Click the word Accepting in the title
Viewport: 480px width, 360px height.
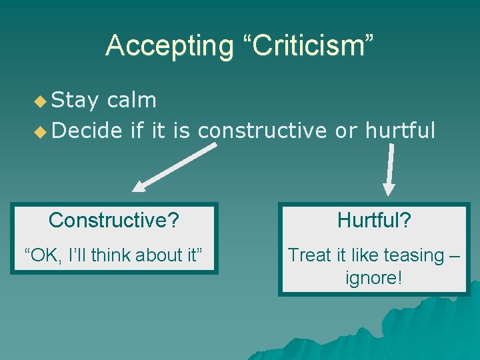click(x=169, y=45)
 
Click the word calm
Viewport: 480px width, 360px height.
click(x=131, y=101)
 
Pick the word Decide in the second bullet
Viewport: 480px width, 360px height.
click(x=87, y=131)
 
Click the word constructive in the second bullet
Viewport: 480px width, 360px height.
click(x=263, y=131)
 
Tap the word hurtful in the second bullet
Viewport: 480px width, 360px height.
click(x=400, y=131)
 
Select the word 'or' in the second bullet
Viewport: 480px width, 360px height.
click(x=346, y=131)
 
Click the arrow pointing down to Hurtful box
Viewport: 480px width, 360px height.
click(x=390, y=171)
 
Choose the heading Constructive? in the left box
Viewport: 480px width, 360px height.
click(x=114, y=220)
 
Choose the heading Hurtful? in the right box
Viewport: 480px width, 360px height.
click(x=373, y=220)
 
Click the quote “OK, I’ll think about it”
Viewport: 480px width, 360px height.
click(x=113, y=255)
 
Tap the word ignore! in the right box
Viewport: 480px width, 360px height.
click(x=373, y=277)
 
